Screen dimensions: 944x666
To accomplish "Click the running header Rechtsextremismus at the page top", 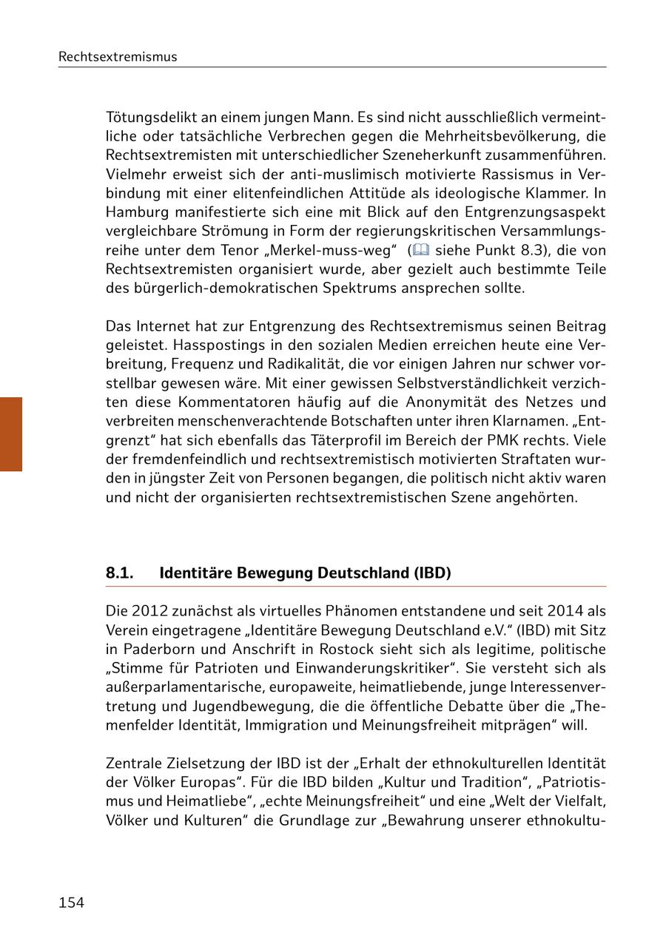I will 118,57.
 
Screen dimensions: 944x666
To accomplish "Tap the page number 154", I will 71,903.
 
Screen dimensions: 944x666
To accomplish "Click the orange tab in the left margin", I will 11,434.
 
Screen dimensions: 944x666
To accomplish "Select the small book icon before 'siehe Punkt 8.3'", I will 420,250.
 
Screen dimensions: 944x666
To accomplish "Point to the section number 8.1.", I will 119,573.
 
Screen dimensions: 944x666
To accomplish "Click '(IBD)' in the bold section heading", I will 432,573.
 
